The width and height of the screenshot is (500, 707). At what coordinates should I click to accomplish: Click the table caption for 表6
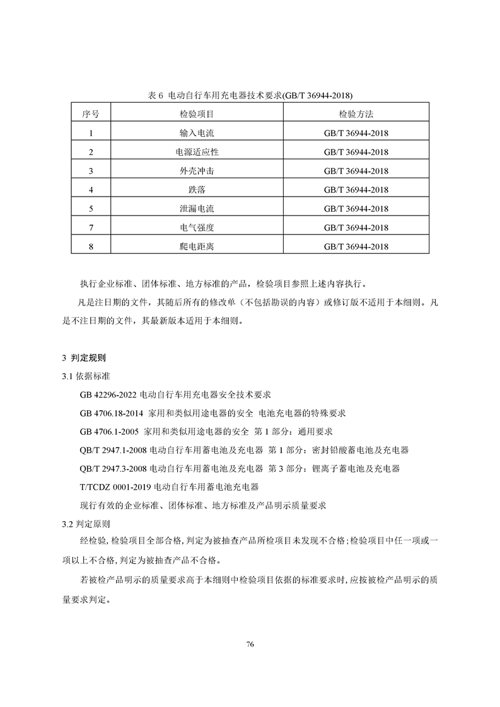pyautogui.click(x=250, y=95)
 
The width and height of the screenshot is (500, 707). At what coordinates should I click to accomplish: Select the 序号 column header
pyautogui.click(x=91, y=114)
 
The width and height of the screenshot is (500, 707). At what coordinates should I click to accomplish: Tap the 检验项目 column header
pyautogui.click(x=197, y=114)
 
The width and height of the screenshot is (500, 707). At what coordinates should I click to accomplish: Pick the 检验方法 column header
pyautogui.click(x=356, y=114)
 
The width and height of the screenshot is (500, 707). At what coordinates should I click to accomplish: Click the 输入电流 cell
pyautogui.click(x=197, y=133)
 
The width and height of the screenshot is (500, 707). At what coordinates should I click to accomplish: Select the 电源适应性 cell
pyautogui.click(x=197, y=152)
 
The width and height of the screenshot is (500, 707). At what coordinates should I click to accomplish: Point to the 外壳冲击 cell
pyautogui.click(x=197, y=171)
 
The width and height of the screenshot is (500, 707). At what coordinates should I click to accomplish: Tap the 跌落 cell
pyautogui.click(x=197, y=190)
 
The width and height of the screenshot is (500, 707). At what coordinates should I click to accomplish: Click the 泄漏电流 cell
pyautogui.click(x=197, y=209)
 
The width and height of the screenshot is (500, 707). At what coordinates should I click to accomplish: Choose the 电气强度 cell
pyautogui.click(x=197, y=227)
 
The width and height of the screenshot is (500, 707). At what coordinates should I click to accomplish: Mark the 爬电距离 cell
pyautogui.click(x=197, y=246)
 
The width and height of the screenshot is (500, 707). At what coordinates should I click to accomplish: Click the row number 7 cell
pyautogui.click(x=91, y=227)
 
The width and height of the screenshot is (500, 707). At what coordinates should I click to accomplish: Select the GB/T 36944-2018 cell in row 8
pyautogui.click(x=356, y=246)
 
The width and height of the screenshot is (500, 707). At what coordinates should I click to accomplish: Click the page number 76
pyautogui.click(x=250, y=645)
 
